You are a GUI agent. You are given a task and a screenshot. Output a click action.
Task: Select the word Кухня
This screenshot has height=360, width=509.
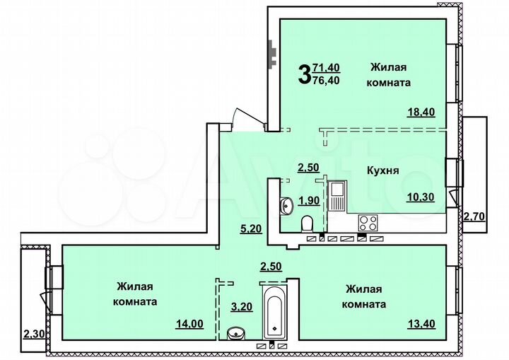pyautogui.click(x=383, y=170)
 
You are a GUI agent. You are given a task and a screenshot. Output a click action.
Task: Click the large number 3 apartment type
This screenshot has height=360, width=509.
pyautogui.click(x=304, y=74)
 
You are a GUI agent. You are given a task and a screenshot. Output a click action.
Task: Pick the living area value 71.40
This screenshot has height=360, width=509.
pyautogui.click(x=326, y=68)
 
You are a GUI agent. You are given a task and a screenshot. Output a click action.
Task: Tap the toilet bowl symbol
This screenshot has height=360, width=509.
pyautogui.click(x=308, y=224)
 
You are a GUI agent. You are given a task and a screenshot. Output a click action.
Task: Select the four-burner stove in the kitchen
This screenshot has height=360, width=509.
pyautogui.click(x=368, y=223)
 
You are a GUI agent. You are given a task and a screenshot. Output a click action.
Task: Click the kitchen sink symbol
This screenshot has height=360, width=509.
pyautogui.click(x=337, y=196)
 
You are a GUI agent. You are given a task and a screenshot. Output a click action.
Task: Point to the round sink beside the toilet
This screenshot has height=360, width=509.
pyautogui.click(x=287, y=206)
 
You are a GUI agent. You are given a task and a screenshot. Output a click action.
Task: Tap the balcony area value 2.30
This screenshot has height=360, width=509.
pyautogui.click(x=33, y=333)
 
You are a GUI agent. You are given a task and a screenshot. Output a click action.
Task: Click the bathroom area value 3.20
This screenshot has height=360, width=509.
pyautogui.click(x=242, y=307)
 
